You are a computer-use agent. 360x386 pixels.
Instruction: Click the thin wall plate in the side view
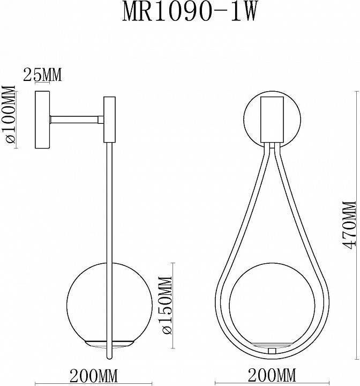42,120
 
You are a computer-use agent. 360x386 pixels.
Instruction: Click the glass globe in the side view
86,300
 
